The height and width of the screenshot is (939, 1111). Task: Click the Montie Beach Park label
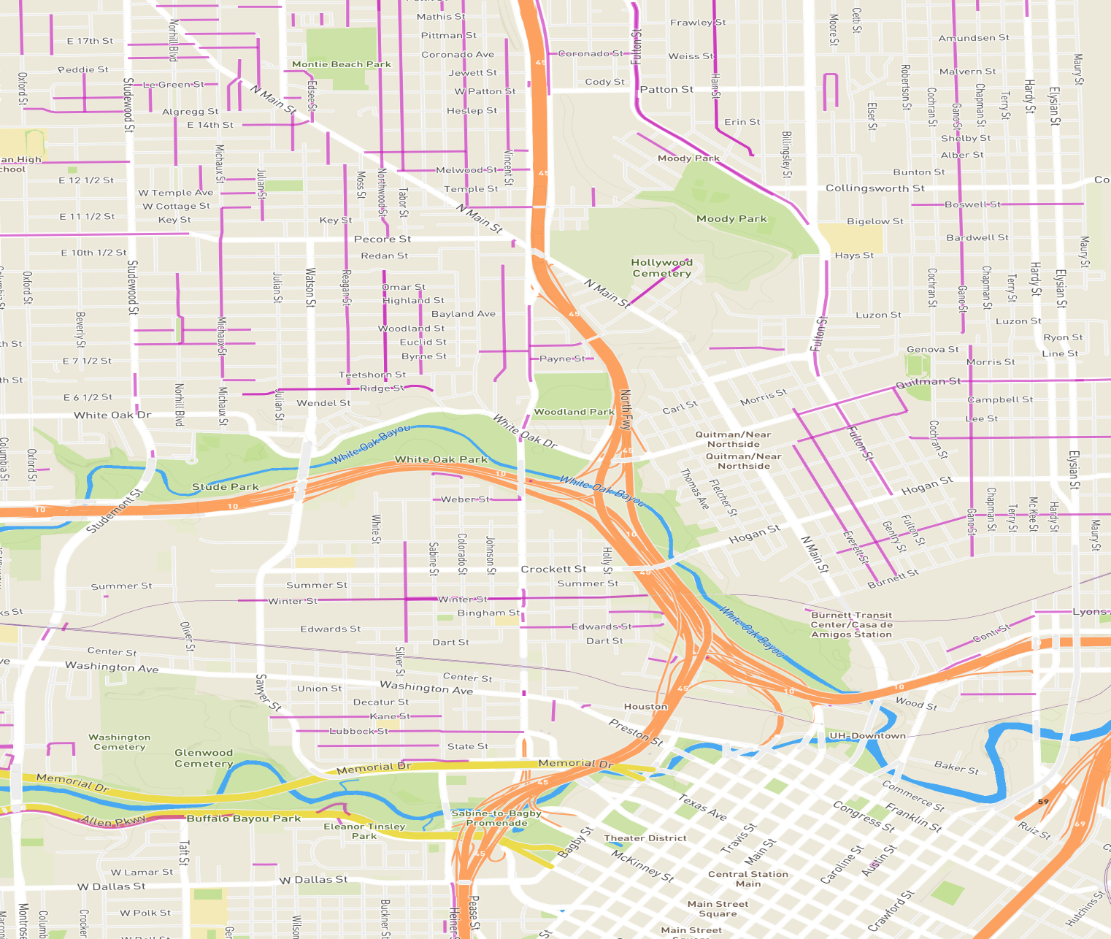pyautogui.click(x=342, y=64)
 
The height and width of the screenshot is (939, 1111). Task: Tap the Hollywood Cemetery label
pyautogui.click(x=661, y=268)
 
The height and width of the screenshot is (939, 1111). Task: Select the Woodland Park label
pyautogui.click(x=574, y=412)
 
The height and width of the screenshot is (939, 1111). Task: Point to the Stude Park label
pyautogui.click(x=225, y=487)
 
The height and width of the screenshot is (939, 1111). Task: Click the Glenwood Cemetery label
pyautogui.click(x=204, y=758)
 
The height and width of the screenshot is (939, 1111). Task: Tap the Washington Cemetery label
pyautogui.click(x=120, y=742)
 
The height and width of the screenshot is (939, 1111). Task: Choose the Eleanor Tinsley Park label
pyautogui.click(x=364, y=831)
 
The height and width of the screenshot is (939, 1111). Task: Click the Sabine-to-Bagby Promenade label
pyautogui.click(x=496, y=818)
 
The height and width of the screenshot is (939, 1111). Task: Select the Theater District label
pyautogui.click(x=645, y=838)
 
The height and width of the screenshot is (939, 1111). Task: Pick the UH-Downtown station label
pyautogui.click(x=867, y=736)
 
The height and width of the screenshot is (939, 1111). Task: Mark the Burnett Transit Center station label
pyautogui.click(x=851, y=625)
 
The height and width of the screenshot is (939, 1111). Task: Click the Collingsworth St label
pyautogui.click(x=874, y=188)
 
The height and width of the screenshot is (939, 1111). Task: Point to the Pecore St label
pyautogui.click(x=382, y=239)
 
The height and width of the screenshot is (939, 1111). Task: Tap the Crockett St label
pyautogui.click(x=553, y=569)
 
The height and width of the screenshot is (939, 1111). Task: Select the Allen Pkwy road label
pyautogui.click(x=113, y=821)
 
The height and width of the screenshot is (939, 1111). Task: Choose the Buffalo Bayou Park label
pyautogui.click(x=244, y=819)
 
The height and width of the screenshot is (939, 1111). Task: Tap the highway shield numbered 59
pyautogui.click(x=1043, y=802)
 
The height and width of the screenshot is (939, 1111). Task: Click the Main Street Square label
pyautogui.click(x=718, y=908)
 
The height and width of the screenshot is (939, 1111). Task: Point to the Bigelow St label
pyautogui.click(x=874, y=221)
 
